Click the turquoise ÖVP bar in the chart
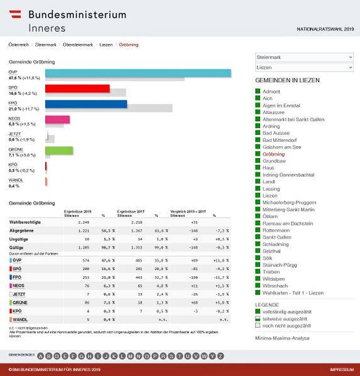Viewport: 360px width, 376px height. (x=138, y=73)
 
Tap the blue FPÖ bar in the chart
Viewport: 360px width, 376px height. (x=85, y=104)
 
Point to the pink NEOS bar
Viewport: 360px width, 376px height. (x=57, y=119)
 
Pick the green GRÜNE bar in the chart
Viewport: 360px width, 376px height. (x=59, y=150)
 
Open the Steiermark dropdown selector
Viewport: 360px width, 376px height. (x=304, y=56)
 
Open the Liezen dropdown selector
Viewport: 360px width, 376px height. (x=304, y=67)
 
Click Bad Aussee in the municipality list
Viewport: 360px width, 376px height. (x=277, y=133)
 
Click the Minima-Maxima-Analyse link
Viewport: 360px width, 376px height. (x=282, y=338)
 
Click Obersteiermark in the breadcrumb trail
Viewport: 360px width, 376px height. (x=79, y=45)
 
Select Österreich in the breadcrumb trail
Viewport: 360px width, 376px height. (x=18, y=45)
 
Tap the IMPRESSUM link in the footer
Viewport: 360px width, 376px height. (x=341, y=370)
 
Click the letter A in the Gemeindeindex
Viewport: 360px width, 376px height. (x=41, y=356)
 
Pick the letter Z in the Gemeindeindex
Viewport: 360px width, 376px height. (x=220, y=356)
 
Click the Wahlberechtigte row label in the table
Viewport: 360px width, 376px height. (x=25, y=222)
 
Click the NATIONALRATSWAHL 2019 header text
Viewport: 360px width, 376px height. (x=325, y=29)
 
